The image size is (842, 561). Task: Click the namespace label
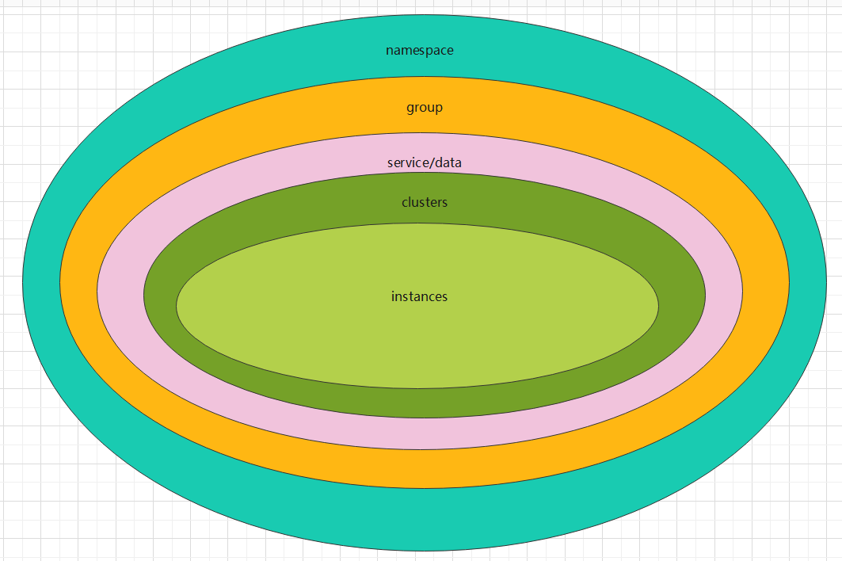coord(420,51)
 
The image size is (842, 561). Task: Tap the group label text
coord(425,108)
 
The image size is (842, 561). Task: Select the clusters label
coord(425,203)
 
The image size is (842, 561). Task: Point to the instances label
coord(419,297)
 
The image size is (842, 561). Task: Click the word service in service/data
coord(406,163)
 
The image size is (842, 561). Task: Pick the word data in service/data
coord(448,163)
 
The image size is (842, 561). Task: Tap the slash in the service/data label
coord(431,163)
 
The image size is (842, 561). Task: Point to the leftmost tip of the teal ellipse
coord(24,282)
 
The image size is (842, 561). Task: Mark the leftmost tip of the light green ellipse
coord(177,306)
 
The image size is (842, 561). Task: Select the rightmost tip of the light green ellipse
coord(658,306)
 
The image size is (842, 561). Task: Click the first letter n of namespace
coord(390,51)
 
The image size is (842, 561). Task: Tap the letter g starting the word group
coord(410,109)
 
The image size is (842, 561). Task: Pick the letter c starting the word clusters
coord(405,203)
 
